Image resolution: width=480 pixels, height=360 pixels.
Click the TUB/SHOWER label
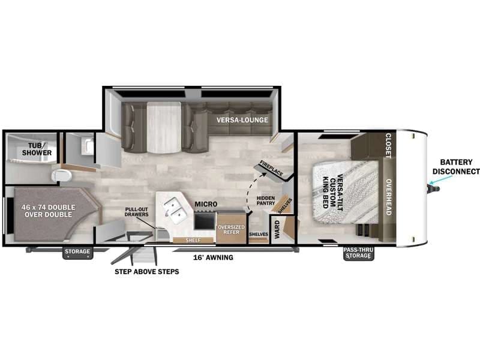pyautogui.click(x=37, y=149)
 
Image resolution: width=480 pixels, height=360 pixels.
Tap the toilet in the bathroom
pyautogui.click(x=62, y=176)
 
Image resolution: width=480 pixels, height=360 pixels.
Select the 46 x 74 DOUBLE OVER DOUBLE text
pyautogui.click(x=49, y=211)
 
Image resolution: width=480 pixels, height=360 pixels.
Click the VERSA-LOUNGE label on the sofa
pyautogui.click(x=242, y=120)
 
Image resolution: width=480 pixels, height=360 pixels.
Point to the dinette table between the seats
pyautogui.click(x=164, y=127)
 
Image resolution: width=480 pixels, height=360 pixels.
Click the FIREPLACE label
pyautogui.click(x=271, y=168)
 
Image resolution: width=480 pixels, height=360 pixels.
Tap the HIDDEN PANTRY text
pyautogui.click(x=266, y=200)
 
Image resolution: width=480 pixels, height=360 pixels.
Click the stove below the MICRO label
pyautogui.click(x=205, y=220)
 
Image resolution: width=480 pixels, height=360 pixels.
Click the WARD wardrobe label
pyautogui.click(x=277, y=229)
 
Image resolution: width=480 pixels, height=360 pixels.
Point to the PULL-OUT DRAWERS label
pyautogui.click(x=137, y=212)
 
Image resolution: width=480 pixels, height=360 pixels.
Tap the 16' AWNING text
pyautogui.click(x=213, y=257)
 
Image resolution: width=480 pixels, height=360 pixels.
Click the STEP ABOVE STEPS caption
pyautogui.click(x=147, y=272)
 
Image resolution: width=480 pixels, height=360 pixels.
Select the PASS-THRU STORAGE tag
pyautogui.click(x=358, y=253)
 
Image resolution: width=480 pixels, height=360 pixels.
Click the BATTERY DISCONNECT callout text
pyautogui.click(x=456, y=167)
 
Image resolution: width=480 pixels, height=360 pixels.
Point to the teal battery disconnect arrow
pyautogui.click(x=441, y=179)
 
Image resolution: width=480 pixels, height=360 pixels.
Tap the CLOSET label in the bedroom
pyautogui.click(x=388, y=146)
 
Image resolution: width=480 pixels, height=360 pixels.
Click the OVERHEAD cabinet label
pyautogui.click(x=388, y=197)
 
